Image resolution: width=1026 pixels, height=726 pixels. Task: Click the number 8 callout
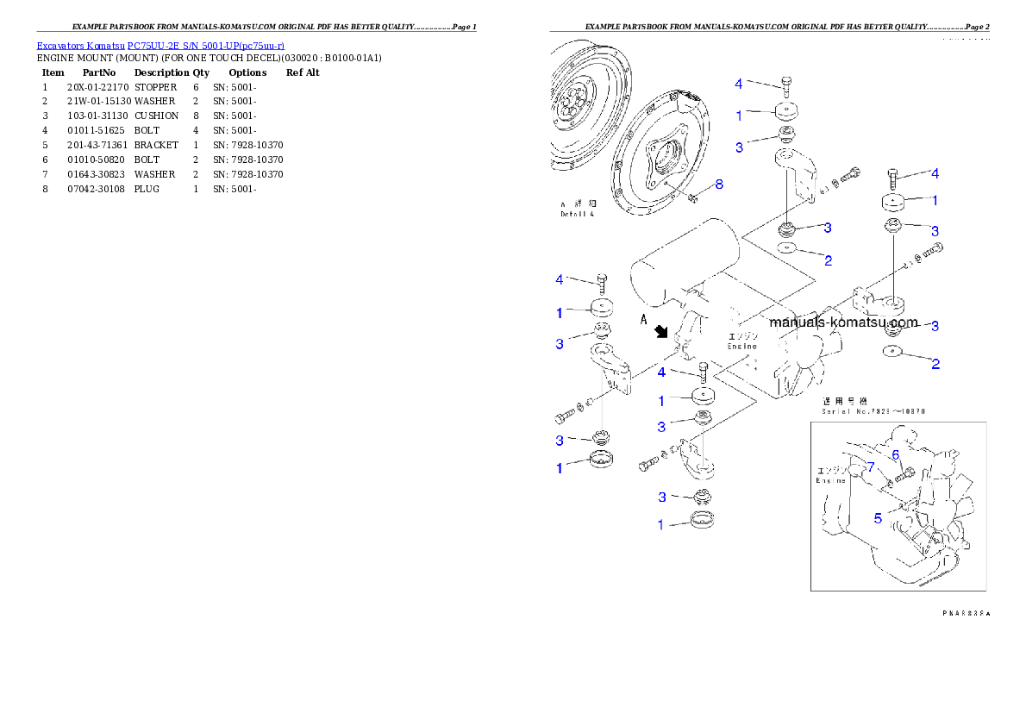point(719,184)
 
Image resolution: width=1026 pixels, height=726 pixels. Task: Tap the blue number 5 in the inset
point(878,518)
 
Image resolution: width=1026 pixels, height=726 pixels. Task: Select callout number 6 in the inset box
point(895,455)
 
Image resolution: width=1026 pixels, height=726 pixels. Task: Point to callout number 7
point(871,466)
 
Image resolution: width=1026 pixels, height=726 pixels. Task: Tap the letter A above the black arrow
point(643,318)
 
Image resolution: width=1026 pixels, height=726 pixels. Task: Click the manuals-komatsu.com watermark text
point(843,322)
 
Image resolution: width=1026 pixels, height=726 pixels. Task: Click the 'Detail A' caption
point(577,213)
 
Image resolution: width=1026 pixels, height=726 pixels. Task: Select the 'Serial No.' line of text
point(873,411)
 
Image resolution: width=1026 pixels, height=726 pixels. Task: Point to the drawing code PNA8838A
point(966,613)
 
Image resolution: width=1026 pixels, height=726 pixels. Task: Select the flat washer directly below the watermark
point(893,352)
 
